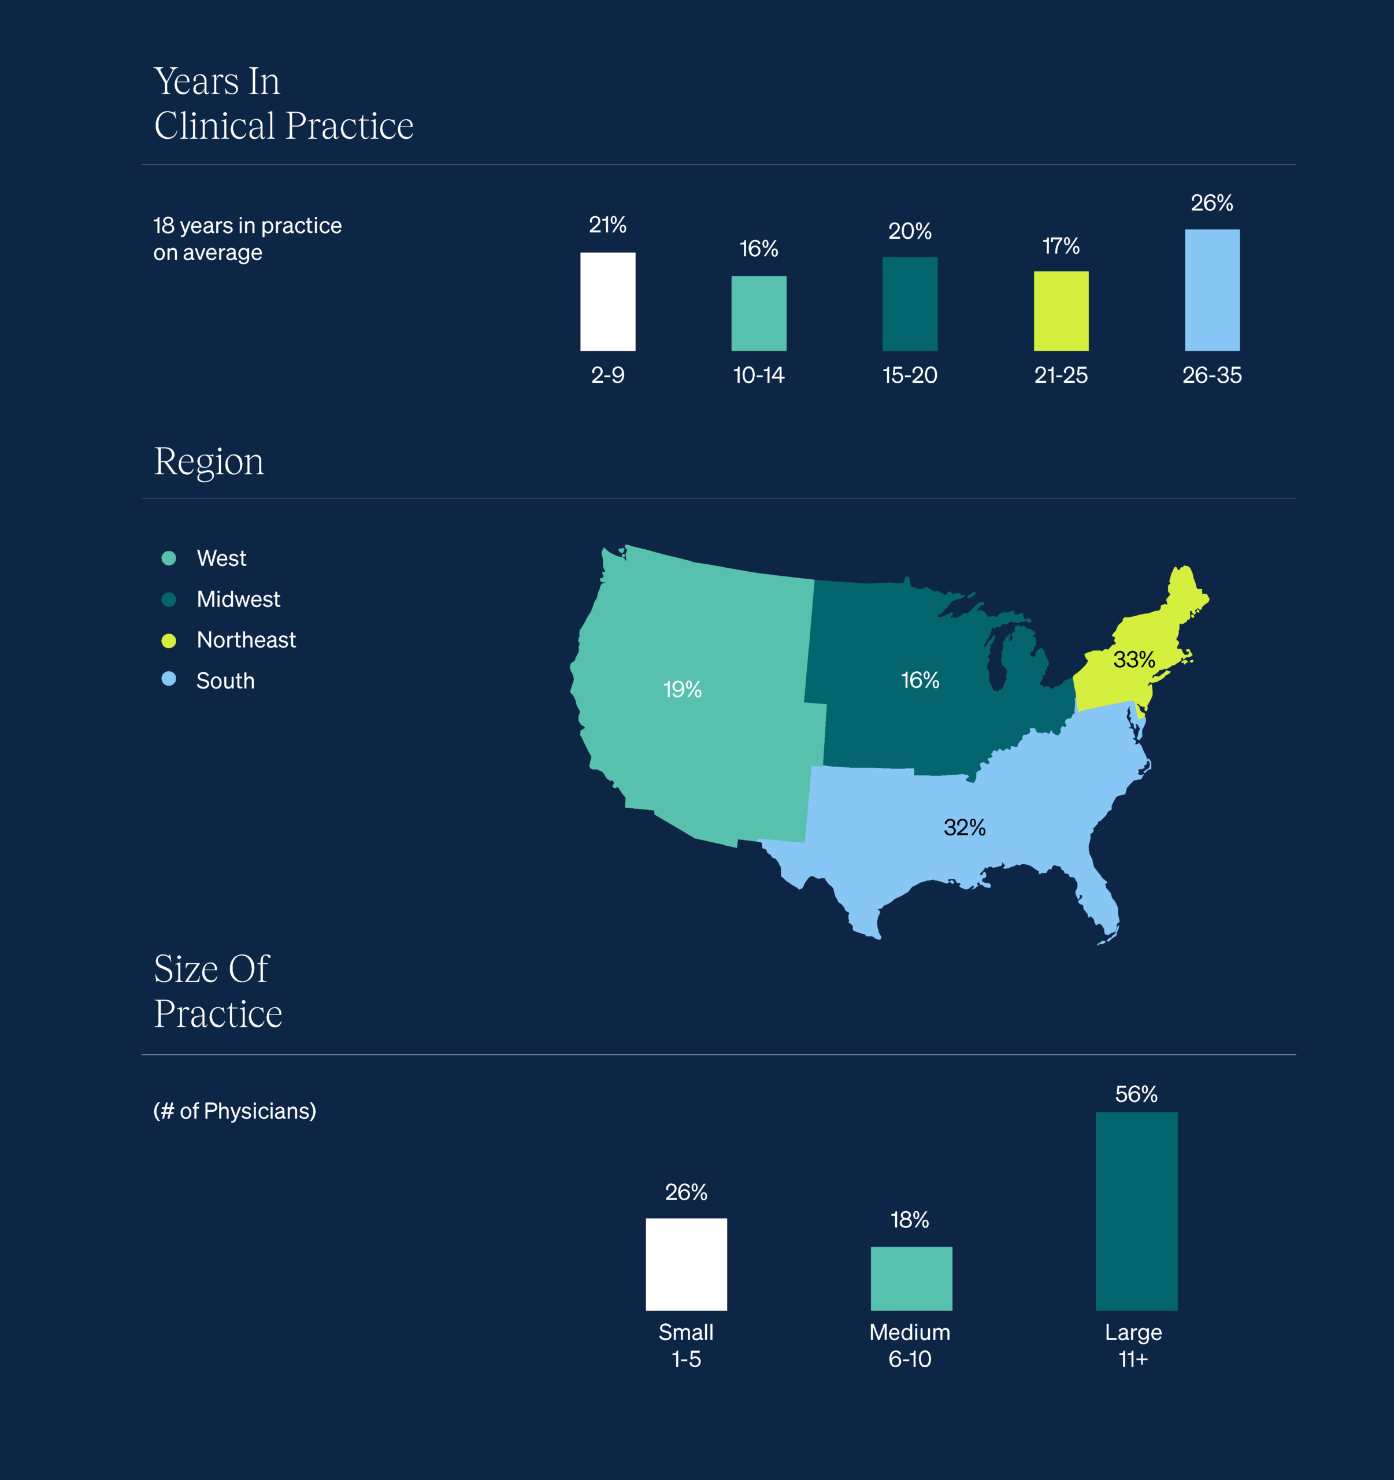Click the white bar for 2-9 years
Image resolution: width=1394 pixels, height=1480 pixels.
[607, 302]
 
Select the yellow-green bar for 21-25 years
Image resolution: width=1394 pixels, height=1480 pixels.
[1061, 310]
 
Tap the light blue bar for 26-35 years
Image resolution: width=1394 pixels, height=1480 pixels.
[1211, 290]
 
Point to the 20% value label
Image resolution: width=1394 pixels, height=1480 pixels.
[910, 231]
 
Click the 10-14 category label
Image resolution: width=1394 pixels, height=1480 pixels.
[758, 375]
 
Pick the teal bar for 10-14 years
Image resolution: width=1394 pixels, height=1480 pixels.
[758, 313]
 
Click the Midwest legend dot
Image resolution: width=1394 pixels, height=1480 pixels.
[169, 600]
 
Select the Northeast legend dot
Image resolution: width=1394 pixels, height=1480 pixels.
[169, 640]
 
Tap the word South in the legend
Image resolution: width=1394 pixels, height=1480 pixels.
[225, 681]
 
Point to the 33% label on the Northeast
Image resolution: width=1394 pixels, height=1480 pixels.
[1133, 660]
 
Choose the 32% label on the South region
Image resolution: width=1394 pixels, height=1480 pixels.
[965, 827]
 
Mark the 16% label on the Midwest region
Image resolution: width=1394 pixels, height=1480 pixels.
[920, 680]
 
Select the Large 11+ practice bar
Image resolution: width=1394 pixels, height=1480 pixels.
[1136, 1211]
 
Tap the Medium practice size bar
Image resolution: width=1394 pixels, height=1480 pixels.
[911, 1278]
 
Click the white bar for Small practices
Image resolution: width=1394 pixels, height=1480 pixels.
[686, 1264]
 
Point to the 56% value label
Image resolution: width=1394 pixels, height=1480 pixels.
[1136, 1094]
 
